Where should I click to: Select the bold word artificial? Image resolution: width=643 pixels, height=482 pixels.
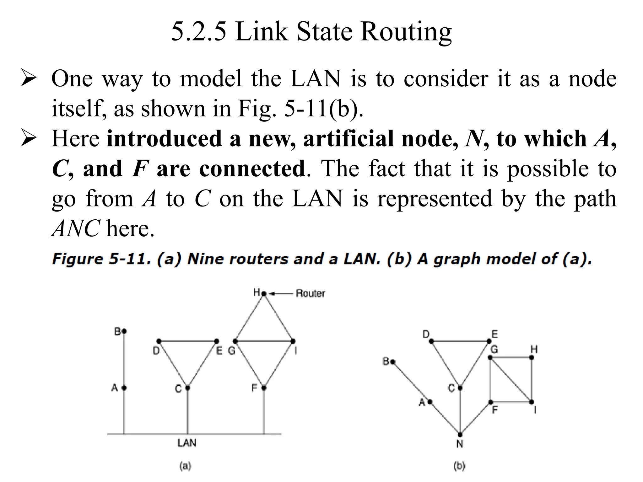coord(349,139)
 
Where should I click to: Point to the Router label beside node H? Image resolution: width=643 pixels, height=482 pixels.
coord(310,293)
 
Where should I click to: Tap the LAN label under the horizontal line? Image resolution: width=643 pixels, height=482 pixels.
coord(187,443)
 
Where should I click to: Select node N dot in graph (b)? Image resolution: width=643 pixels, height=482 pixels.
coord(460,435)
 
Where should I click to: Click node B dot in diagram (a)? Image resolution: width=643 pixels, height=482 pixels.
coord(124,331)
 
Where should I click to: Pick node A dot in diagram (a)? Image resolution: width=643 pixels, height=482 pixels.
coord(124,388)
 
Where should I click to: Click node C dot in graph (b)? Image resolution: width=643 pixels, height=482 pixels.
coord(460,388)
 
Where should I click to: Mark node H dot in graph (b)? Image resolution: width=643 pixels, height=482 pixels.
coord(532,357)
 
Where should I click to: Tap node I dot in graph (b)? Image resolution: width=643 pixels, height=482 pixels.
coord(532,402)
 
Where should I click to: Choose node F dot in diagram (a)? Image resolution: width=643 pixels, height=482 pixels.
coord(264,388)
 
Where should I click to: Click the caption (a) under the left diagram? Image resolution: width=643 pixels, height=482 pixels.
coord(185,466)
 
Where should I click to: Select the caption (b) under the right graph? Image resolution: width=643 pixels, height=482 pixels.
coord(459,466)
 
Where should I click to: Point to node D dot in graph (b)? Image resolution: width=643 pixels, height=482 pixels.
coord(431,341)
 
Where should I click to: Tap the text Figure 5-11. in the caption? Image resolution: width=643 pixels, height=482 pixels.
coord(102,259)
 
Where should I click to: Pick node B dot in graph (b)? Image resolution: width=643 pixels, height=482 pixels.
coord(393,362)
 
